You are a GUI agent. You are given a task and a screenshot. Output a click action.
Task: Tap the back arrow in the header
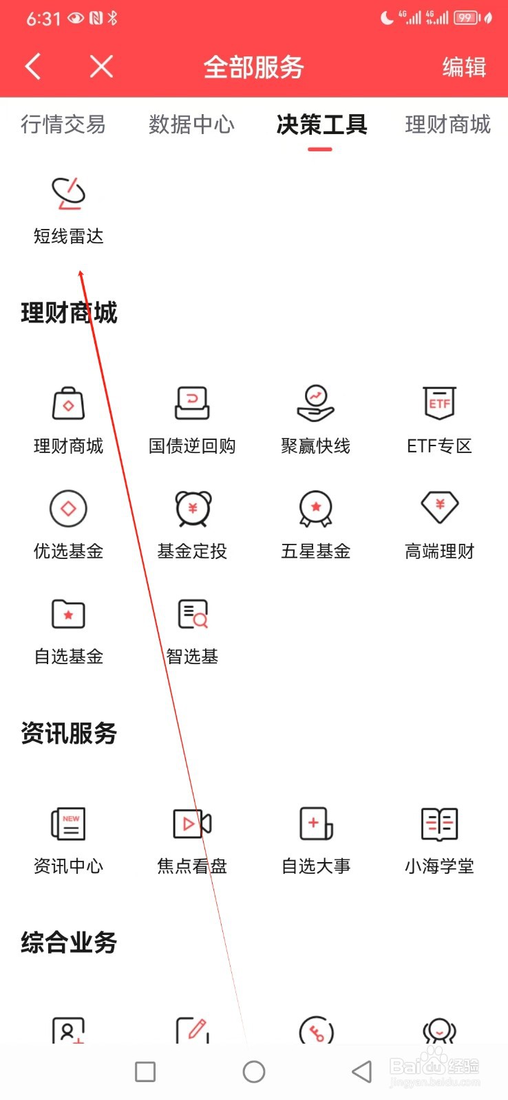(x=33, y=67)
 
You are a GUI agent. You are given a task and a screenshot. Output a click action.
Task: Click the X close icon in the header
(x=101, y=67)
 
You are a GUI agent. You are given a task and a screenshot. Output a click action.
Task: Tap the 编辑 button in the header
(x=464, y=67)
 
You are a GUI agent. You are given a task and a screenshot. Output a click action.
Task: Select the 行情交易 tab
(x=63, y=124)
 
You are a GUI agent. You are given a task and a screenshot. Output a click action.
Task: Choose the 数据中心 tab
(x=191, y=124)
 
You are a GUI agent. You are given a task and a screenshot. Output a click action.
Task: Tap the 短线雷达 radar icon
(x=68, y=193)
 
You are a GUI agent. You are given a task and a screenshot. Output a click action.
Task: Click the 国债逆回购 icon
(x=192, y=403)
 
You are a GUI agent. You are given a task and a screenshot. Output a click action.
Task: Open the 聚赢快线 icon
(x=316, y=403)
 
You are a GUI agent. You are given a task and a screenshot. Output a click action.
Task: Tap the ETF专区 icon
(x=439, y=403)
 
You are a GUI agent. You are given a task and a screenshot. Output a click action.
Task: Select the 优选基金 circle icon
(x=68, y=509)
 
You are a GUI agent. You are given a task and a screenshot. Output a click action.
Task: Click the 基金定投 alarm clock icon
(x=192, y=509)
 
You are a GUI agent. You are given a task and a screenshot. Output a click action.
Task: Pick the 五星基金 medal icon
(x=316, y=509)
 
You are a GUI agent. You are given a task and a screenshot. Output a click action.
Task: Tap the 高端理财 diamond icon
(x=439, y=507)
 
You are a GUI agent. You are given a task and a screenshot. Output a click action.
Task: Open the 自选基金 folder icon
(x=68, y=614)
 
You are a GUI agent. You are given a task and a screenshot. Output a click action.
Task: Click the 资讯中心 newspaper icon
(x=68, y=824)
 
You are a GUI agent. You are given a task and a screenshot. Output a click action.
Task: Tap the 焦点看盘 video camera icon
(x=192, y=824)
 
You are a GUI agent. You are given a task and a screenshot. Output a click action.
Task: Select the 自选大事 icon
(x=316, y=824)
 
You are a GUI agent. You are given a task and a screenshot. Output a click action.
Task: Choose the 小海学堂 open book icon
(x=439, y=824)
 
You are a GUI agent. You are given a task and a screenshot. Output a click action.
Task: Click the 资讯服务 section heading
(x=69, y=734)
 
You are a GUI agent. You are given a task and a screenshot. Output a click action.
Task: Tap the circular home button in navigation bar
(x=254, y=1071)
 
